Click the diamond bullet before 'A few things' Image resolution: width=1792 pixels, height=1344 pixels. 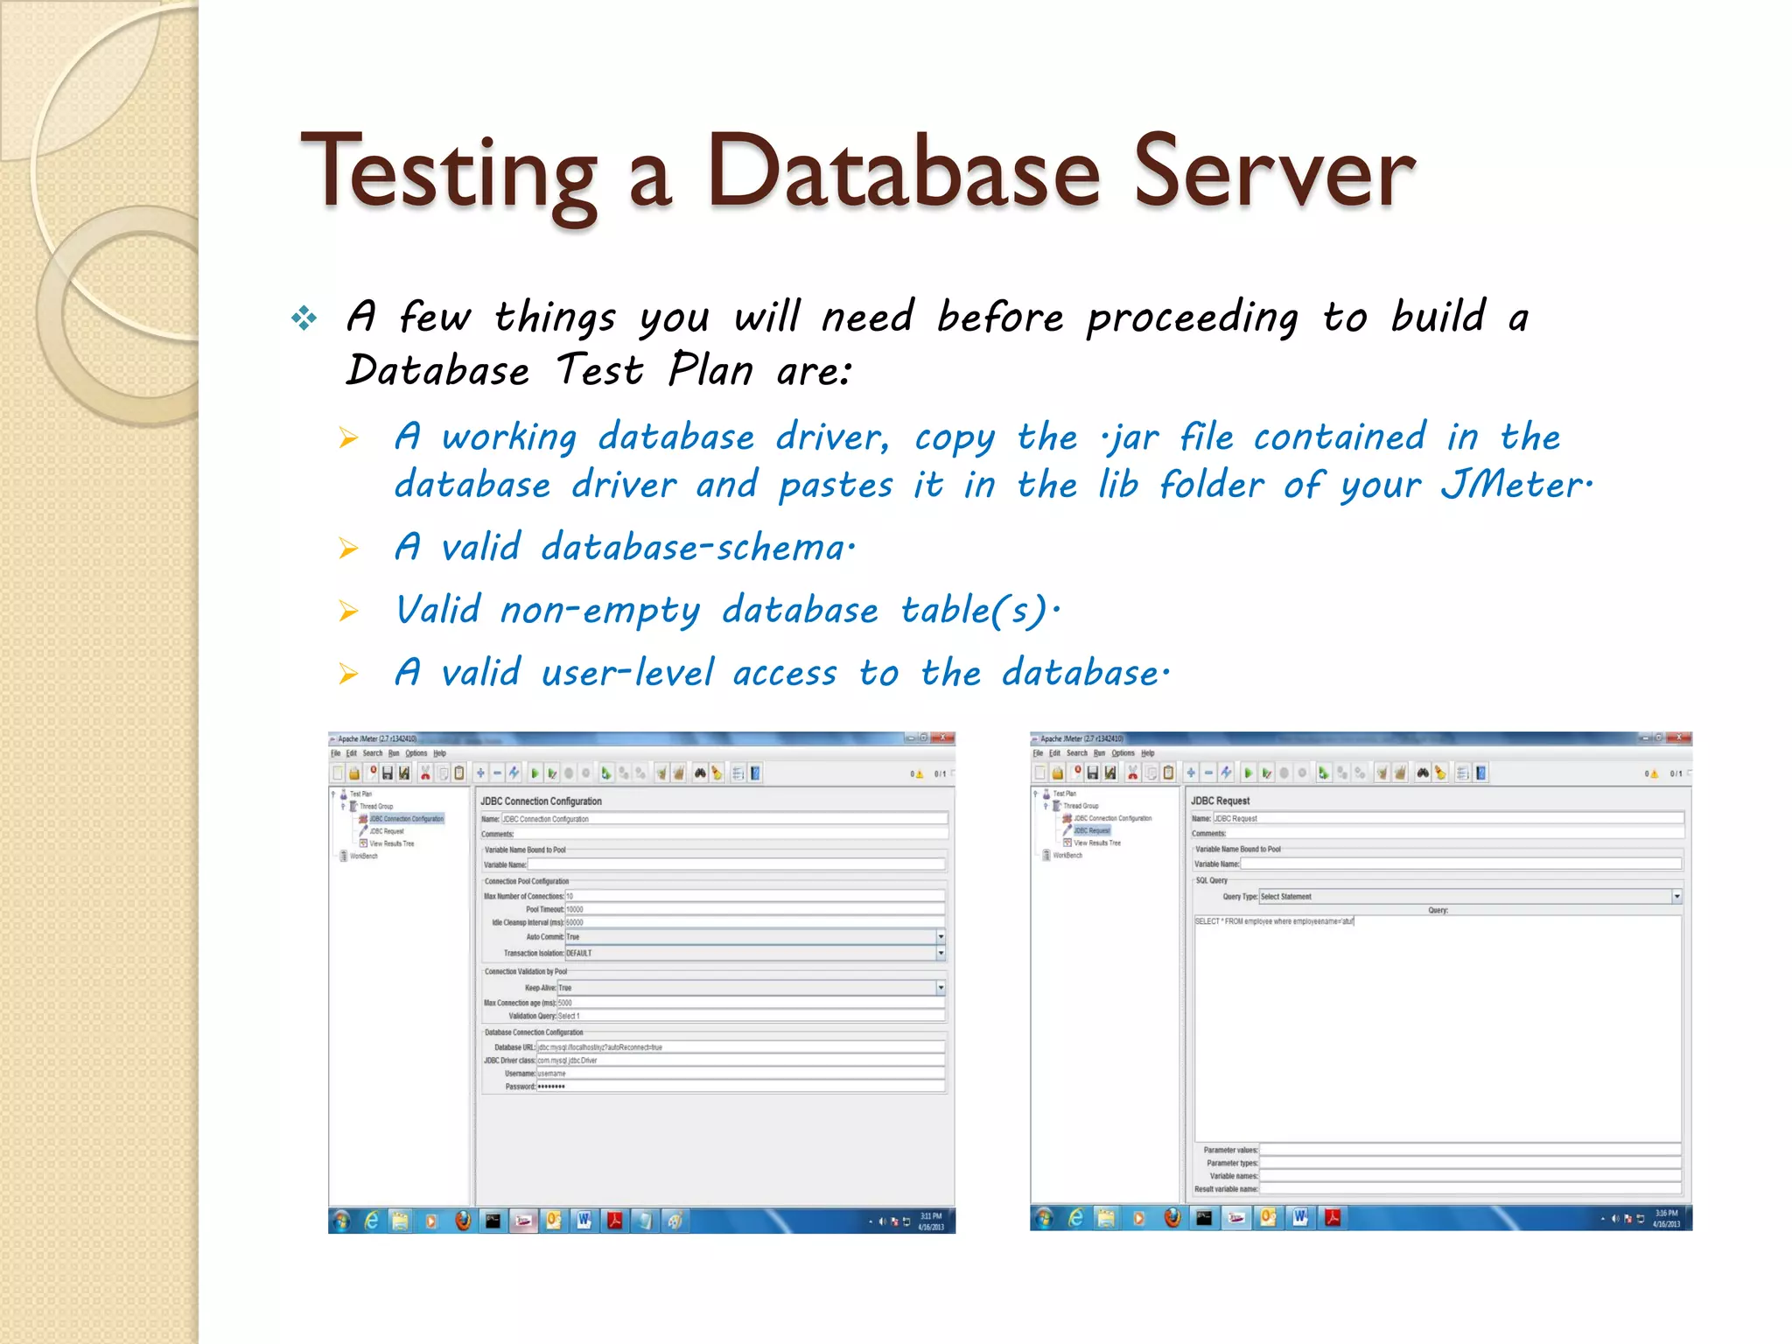[x=304, y=318]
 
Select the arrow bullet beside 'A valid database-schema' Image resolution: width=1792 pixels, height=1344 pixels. [x=349, y=549]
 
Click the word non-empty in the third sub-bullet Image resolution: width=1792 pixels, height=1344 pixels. [x=600, y=610]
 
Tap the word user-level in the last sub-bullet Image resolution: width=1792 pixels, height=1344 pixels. [x=626, y=673]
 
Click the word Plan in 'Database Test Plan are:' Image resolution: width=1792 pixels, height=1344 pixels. [x=710, y=370]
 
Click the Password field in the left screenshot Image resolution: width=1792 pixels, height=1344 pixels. [x=739, y=1087]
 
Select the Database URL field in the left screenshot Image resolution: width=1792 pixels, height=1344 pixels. [x=739, y=1047]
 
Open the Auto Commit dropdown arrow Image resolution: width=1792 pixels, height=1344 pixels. [x=941, y=937]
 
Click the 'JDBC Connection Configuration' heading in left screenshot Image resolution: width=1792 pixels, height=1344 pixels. [x=541, y=801]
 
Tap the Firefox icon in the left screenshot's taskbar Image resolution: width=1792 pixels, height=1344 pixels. [x=463, y=1221]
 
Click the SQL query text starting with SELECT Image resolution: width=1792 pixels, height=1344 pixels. [x=1274, y=921]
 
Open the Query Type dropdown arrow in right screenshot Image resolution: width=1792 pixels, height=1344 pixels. [x=1676, y=896]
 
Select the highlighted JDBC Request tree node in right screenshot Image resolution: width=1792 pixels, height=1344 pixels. [x=1091, y=830]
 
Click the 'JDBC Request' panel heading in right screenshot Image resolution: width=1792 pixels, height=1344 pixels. [x=1220, y=801]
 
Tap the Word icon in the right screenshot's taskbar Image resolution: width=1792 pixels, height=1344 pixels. [x=1300, y=1217]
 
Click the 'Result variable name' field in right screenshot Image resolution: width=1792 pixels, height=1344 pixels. [x=1470, y=1189]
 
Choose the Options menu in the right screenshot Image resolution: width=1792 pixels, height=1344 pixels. [x=1123, y=753]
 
